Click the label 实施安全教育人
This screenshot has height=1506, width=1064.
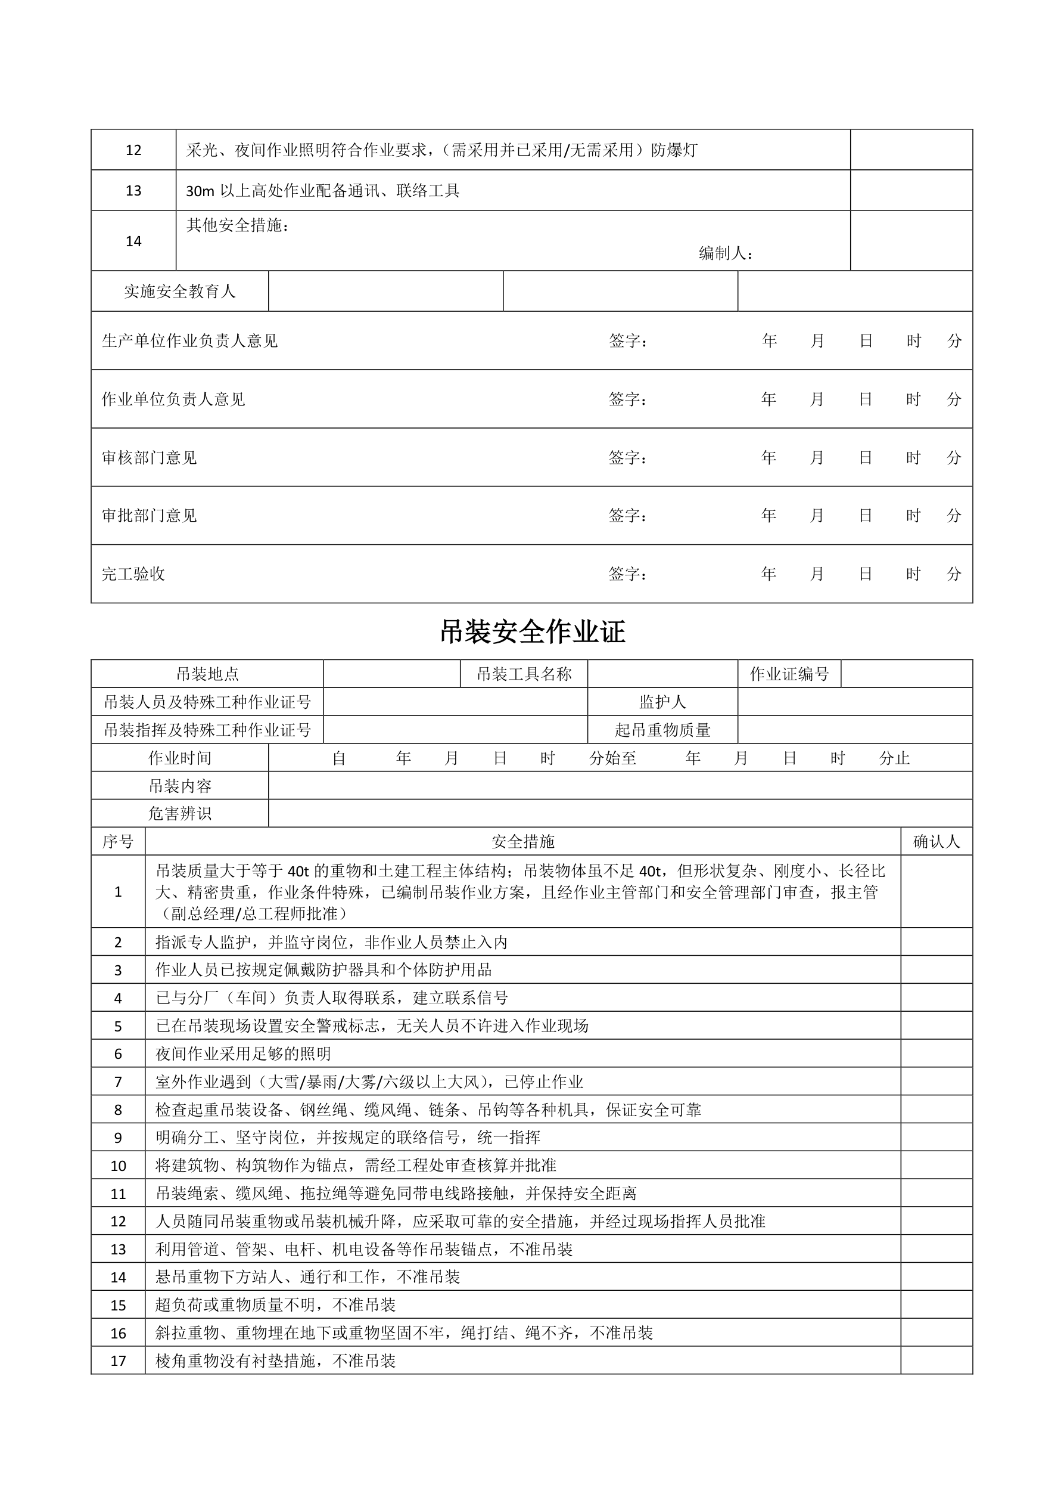[x=180, y=291]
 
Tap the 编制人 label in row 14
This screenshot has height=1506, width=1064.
[x=726, y=253]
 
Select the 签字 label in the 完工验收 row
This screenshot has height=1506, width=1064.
[x=627, y=574]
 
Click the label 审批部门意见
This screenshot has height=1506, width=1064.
[x=150, y=516]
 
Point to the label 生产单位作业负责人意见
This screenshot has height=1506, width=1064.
[x=190, y=340]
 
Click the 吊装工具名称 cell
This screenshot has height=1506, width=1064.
[x=524, y=674]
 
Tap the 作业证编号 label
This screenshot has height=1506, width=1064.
[x=789, y=674]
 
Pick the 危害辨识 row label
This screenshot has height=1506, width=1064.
[x=180, y=813]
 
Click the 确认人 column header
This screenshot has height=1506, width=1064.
[x=936, y=842]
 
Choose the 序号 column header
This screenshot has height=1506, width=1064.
[x=118, y=842]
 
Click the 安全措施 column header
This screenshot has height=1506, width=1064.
[x=523, y=842]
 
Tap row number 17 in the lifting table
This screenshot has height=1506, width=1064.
[x=118, y=1361]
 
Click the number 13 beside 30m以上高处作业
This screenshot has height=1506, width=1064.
[x=133, y=190]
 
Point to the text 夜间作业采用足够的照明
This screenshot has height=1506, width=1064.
[x=243, y=1054]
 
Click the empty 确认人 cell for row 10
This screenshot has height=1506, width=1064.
[x=936, y=1166]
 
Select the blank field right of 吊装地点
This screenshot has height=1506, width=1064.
[x=391, y=674]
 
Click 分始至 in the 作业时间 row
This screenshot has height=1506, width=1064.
[x=612, y=758]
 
